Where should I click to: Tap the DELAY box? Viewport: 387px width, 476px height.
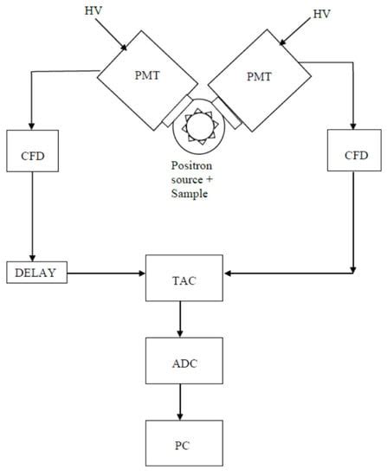tap(35, 273)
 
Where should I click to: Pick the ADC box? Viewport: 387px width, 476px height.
tap(180, 363)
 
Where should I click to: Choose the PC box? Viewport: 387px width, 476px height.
tap(180, 444)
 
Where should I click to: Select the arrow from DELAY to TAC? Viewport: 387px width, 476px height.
tap(104, 273)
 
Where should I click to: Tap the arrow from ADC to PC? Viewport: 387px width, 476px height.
tap(180, 402)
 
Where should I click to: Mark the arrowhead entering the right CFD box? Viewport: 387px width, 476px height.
tap(352, 125)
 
